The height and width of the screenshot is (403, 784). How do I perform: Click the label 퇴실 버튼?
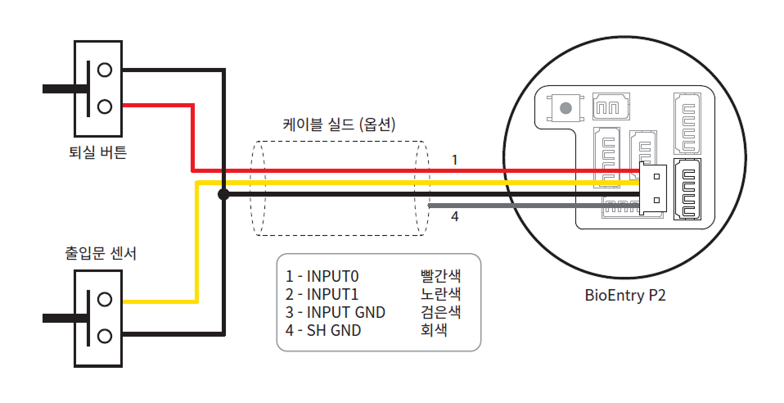(x=98, y=152)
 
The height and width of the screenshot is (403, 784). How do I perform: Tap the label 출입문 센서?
(x=101, y=253)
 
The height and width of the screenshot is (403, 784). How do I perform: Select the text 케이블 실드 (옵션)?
(x=339, y=125)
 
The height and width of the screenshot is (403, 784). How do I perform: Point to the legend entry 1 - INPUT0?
(x=322, y=276)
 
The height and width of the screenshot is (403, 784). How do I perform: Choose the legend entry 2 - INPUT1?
(x=322, y=294)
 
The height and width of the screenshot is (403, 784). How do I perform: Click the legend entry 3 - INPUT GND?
(x=335, y=312)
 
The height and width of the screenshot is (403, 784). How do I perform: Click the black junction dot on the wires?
(x=223, y=194)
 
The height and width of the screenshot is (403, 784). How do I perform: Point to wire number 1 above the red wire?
(x=454, y=160)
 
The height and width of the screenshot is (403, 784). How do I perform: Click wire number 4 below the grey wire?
(x=454, y=217)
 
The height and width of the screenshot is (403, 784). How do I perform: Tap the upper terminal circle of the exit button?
(x=104, y=70)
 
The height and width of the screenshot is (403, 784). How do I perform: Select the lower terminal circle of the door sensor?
(x=104, y=335)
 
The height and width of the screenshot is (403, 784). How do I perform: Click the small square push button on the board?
(x=564, y=107)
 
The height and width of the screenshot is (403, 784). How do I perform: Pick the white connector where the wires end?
(x=654, y=188)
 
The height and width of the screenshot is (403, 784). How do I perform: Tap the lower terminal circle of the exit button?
(x=104, y=106)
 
